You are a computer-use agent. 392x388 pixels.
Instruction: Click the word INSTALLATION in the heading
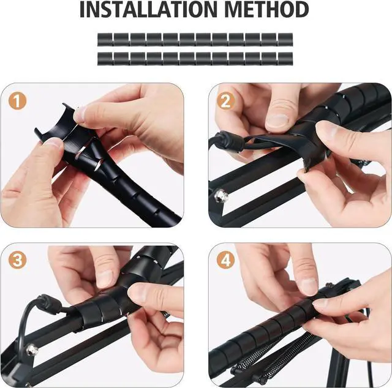(145, 10)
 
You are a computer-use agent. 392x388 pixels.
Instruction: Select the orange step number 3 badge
(18, 260)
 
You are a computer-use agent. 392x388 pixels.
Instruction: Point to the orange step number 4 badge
(226, 260)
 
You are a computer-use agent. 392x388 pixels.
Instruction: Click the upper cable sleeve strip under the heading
(195, 40)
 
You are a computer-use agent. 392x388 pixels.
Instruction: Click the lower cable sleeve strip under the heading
(195, 58)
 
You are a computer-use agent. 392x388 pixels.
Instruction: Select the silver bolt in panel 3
(32, 349)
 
